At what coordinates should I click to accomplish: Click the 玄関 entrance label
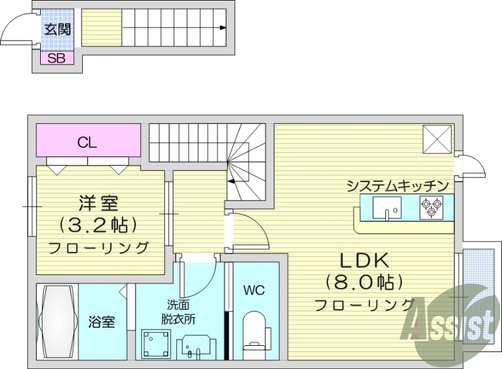point(56,29)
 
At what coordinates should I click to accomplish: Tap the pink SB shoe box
point(56,58)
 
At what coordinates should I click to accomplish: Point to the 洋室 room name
point(99,204)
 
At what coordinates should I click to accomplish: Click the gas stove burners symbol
point(431,207)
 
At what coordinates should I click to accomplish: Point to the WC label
point(254,290)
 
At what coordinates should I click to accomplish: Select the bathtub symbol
point(57,321)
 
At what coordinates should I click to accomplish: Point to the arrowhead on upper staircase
point(224,28)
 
